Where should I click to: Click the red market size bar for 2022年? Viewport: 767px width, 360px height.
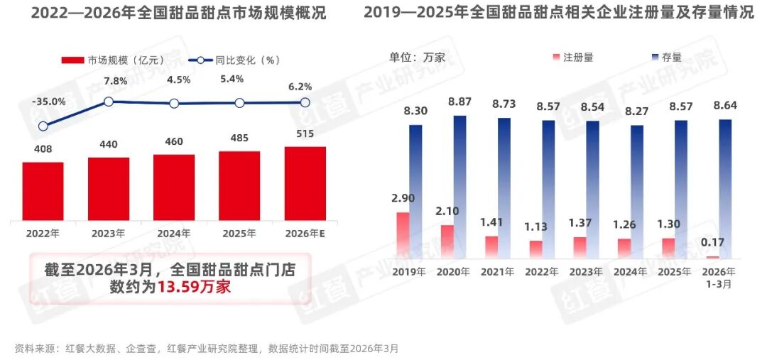pos(43,190)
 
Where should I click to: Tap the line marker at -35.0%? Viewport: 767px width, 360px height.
pos(43,126)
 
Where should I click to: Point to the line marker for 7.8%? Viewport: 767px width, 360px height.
pos(109,102)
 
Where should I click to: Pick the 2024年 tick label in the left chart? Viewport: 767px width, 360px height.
pos(174,233)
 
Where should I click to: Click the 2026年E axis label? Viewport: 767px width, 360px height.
pos(305,233)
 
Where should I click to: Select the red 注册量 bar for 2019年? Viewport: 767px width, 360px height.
pos(403,235)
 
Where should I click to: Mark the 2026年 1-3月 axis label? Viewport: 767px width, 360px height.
pos(719,277)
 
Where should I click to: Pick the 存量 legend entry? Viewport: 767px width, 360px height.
pos(665,58)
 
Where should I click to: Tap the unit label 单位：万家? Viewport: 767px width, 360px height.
pos(417,58)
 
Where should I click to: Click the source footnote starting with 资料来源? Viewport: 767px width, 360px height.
pos(207,349)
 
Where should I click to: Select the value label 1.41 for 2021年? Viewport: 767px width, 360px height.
pos(492,223)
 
